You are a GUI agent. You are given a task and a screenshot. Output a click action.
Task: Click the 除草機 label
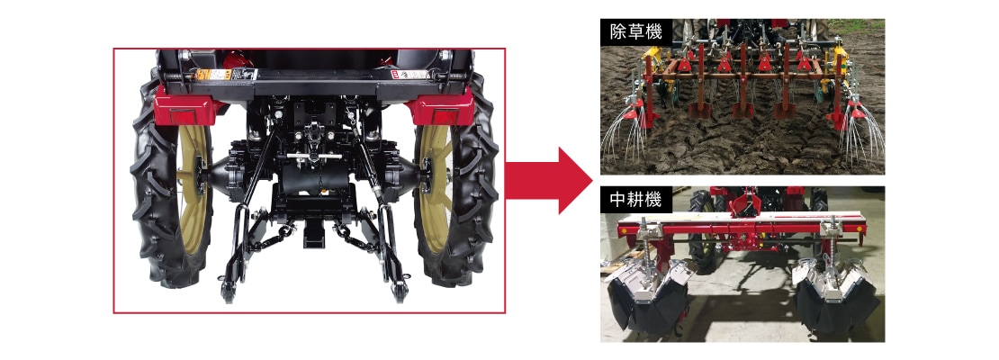coord(635,31)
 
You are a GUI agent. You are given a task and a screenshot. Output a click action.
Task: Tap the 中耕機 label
coord(635,200)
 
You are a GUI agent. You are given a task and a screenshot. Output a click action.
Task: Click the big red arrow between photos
coord(549,180)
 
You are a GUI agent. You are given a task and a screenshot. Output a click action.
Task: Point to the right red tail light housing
coord(442,108)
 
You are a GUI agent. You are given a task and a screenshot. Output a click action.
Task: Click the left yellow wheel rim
coord(192,182)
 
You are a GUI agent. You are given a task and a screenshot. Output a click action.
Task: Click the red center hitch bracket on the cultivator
coord(745,203)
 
